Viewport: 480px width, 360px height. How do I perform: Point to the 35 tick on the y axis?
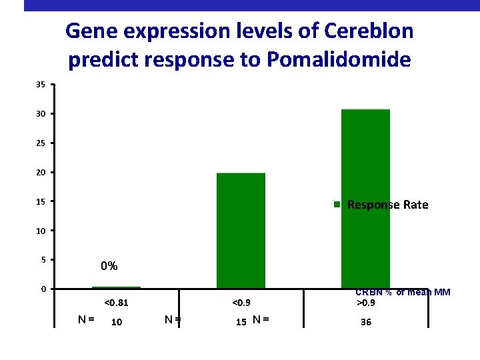41,85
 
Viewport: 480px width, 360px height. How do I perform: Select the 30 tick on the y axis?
41,114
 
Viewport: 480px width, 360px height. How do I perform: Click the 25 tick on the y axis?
41,143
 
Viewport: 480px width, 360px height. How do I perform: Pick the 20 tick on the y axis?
41,173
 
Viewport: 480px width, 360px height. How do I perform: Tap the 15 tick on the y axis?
41,201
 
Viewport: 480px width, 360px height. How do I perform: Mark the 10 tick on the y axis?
41,231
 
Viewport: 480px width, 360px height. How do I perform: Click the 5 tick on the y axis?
42,259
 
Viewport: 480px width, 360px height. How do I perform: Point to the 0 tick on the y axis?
42,289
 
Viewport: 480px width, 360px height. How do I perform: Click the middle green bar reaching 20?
241,231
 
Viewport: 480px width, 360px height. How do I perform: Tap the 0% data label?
109,267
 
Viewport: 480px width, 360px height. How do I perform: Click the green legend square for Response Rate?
338,205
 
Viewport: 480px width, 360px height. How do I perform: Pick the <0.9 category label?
241,303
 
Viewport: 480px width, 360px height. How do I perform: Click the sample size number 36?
365,322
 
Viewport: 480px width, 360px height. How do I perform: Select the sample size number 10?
116,322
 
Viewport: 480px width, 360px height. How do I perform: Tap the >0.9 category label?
365,303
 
